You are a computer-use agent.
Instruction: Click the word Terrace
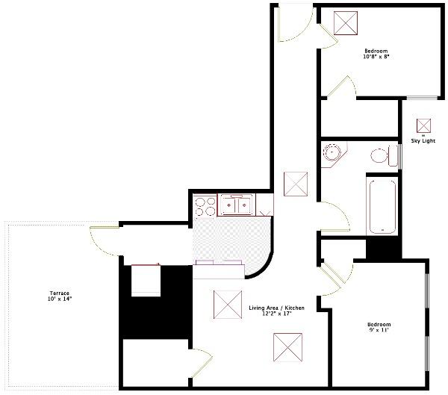tap(60, 293)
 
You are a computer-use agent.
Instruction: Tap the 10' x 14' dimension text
tap(60, 299)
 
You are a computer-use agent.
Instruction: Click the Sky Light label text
tap(423, 141)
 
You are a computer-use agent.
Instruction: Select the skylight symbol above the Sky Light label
tap(423, 125)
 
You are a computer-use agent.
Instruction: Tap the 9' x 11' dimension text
tap(379, 330)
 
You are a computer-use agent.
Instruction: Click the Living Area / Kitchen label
tap(276, 308)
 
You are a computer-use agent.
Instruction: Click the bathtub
tap(381, 204)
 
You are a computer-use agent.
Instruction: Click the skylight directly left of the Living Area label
tap(225, 303)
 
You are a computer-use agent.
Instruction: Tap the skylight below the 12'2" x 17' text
tap(285, 346)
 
